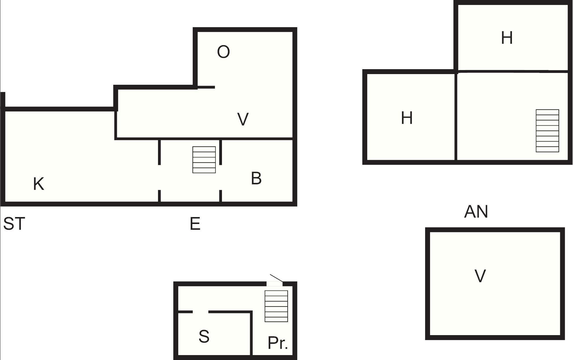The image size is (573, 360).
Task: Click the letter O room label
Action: pyautogui.click(x=223, y=52)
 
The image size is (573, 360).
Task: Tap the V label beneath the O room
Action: pyautogui.click(x=243, y=119)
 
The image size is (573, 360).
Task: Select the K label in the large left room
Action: pyautogui.click(x=39, y=184)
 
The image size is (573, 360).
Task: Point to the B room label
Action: pyautogui.click(x=256, y=178)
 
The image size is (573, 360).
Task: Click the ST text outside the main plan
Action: pyautogui.click(x=14, y=224)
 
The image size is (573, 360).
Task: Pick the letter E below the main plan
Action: pyautogui.click(x=195, y=224)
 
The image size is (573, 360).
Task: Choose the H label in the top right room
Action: pyautogui.click(x=507, y=38)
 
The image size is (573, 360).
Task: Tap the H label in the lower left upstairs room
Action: pyautogui.click(x=407, y=118)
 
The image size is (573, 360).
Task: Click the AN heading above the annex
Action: pyautogui.click(x=476, y=212)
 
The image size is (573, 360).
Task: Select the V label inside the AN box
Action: pyautogui.click(x=480, y=276)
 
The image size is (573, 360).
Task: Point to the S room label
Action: pyautogui.click(x=204, y=337)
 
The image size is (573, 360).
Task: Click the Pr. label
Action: pyautogui.click(x=278, y=343)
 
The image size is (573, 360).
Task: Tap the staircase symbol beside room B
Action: pyautogui.click(x=204, y=160)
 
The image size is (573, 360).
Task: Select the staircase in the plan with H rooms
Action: pyautogui.click(x=547, y=131)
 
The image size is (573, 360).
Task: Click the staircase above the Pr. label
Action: pyautogui.click(x=276, y=306)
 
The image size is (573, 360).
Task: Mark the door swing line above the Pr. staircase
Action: pyautogui.click(x=276, y=278)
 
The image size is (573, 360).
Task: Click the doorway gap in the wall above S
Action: pyautogui.click(x=201, y=312)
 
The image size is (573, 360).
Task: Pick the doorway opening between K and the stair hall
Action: pyautogui.click(x=159, y=177)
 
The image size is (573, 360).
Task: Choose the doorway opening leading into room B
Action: pyautogui.click(x=221, y=177)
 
